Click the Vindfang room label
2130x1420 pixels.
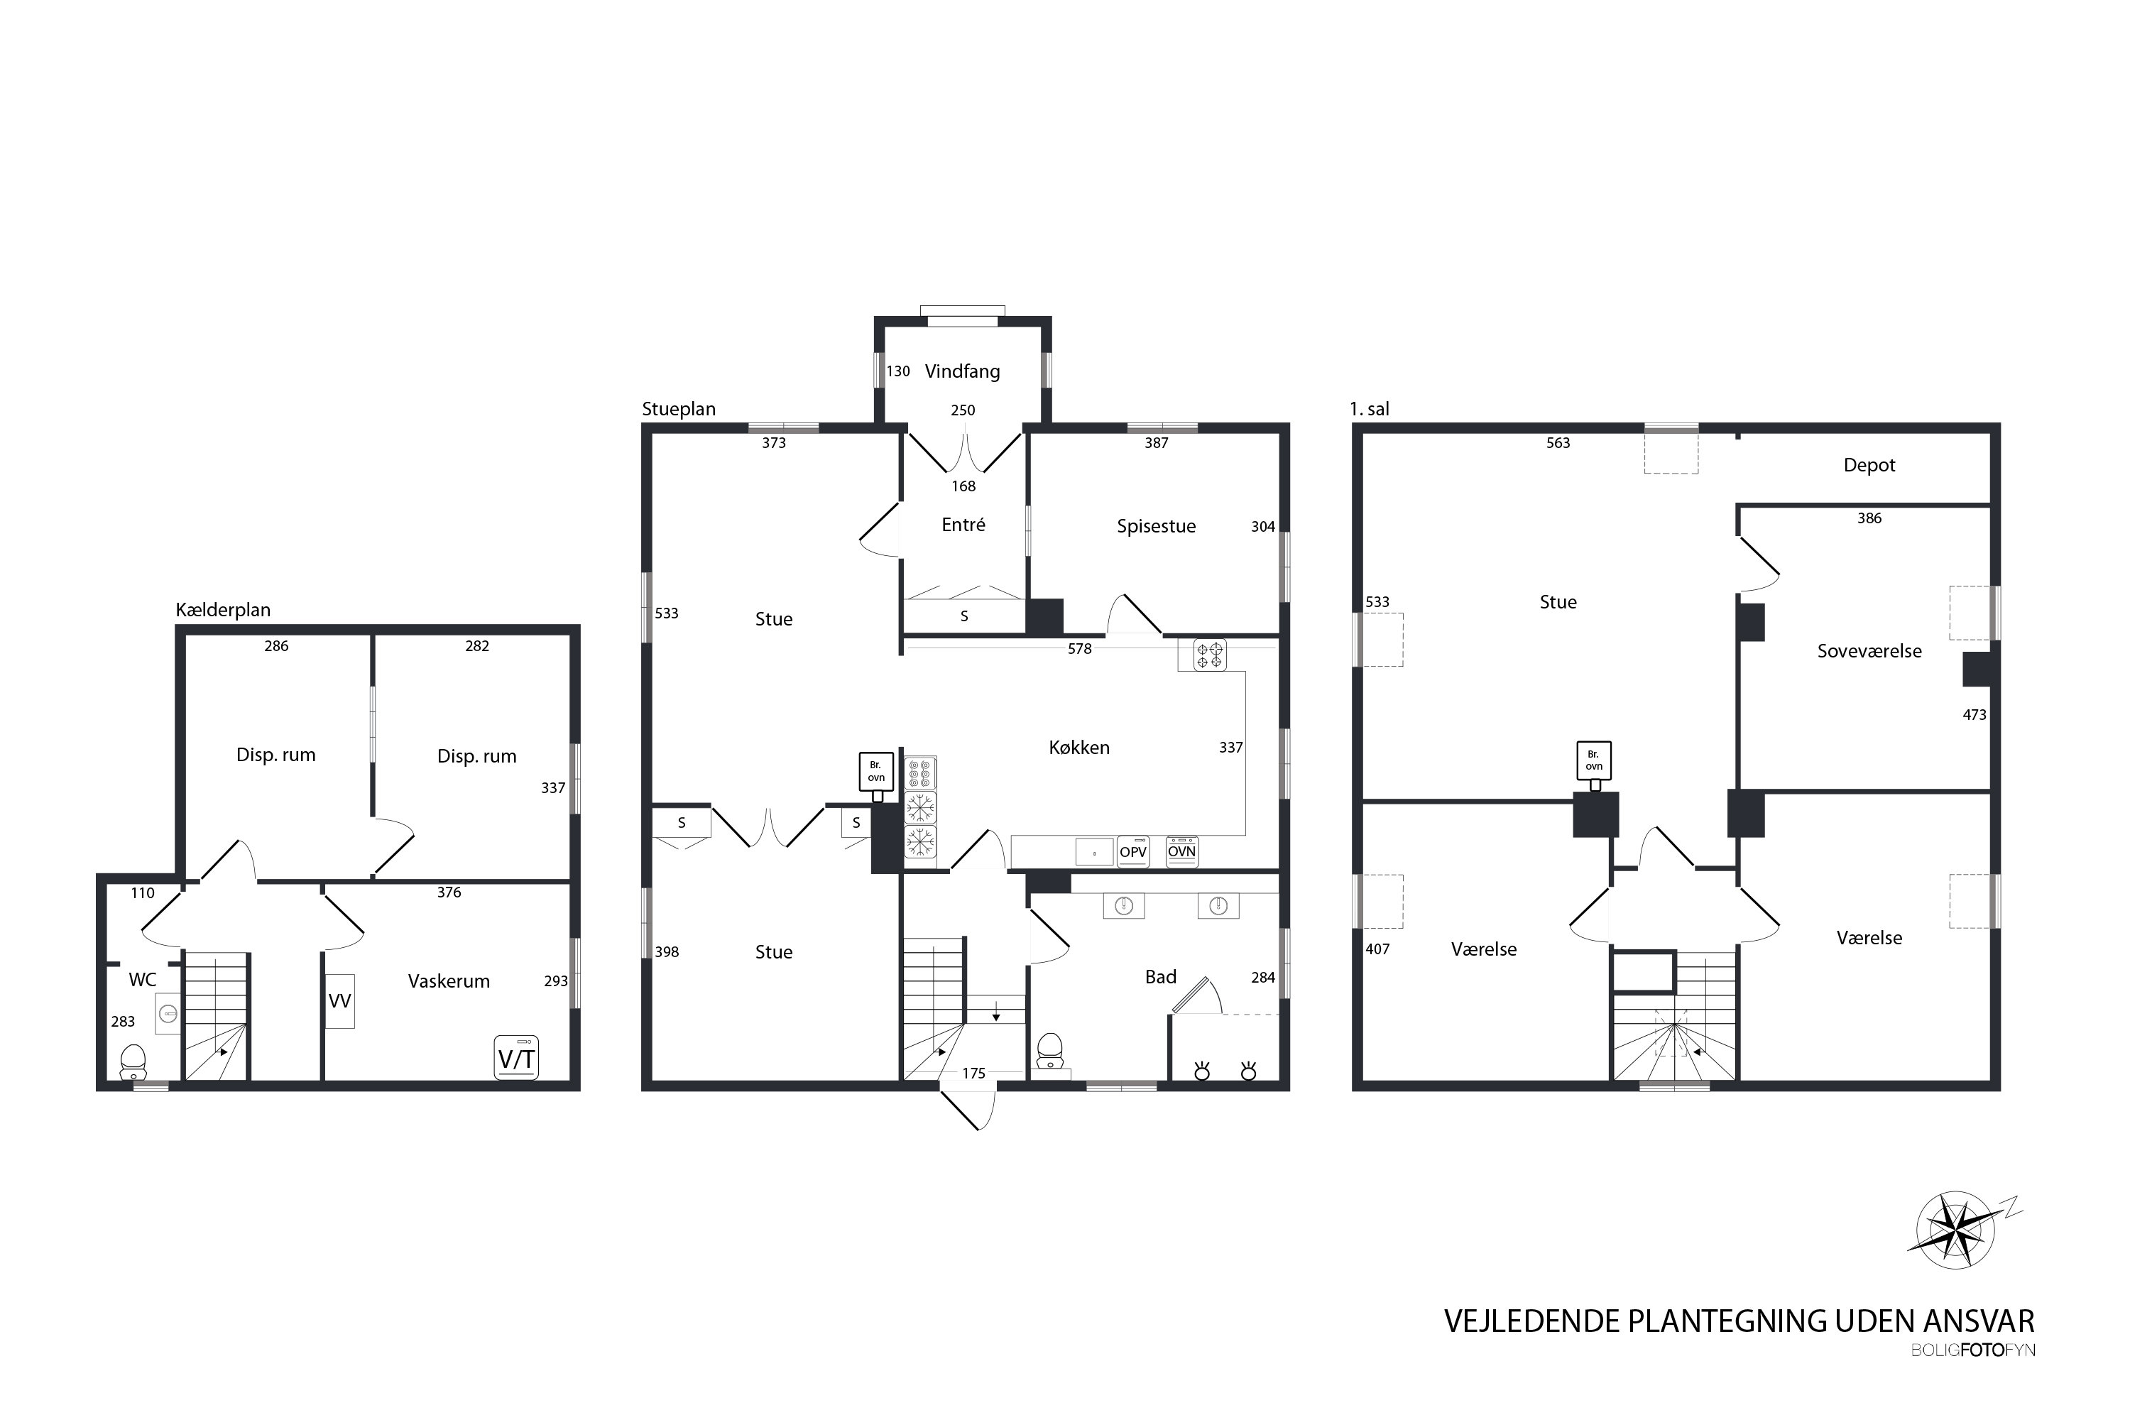point(962,371)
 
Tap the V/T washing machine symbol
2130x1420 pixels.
point(516,1058)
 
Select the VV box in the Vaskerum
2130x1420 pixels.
point(339,1000)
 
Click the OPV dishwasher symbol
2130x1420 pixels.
point(1133,851)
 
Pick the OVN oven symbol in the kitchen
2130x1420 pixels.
point(1182,851)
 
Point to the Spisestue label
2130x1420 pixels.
point(1156,526)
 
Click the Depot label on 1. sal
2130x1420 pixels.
point(1869,464)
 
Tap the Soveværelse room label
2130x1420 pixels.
point(1869,651)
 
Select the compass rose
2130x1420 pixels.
point(1957,1229)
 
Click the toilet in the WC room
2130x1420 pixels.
point(133,1061)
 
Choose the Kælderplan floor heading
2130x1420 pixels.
point(223,611)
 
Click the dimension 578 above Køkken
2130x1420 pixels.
point(1079,648)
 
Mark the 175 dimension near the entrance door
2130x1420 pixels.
point(973,1073)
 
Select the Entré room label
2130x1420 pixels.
point(963,525)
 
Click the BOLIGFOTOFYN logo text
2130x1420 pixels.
point(1972,1350)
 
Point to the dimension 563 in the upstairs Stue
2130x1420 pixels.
point(1558,443)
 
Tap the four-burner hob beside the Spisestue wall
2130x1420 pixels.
point(1210,655)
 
